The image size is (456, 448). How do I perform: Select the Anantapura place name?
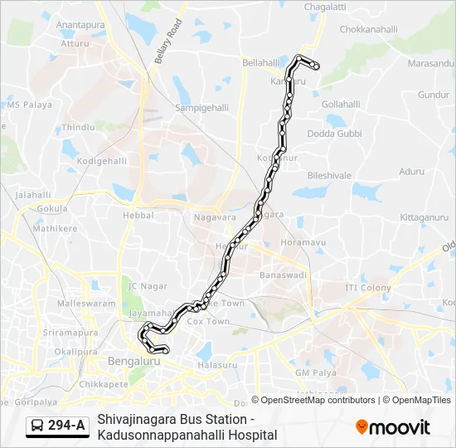(80, 26)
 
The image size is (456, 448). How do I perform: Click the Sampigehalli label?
(201, 108)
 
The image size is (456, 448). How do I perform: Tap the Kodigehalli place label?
(100, 161)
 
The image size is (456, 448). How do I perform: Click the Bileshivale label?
(330, 176)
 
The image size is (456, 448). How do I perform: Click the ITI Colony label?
(368, 288)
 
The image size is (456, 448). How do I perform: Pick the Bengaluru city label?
(134, 362)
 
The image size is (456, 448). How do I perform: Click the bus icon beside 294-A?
(37, 426)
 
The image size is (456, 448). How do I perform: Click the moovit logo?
(393, 427)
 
